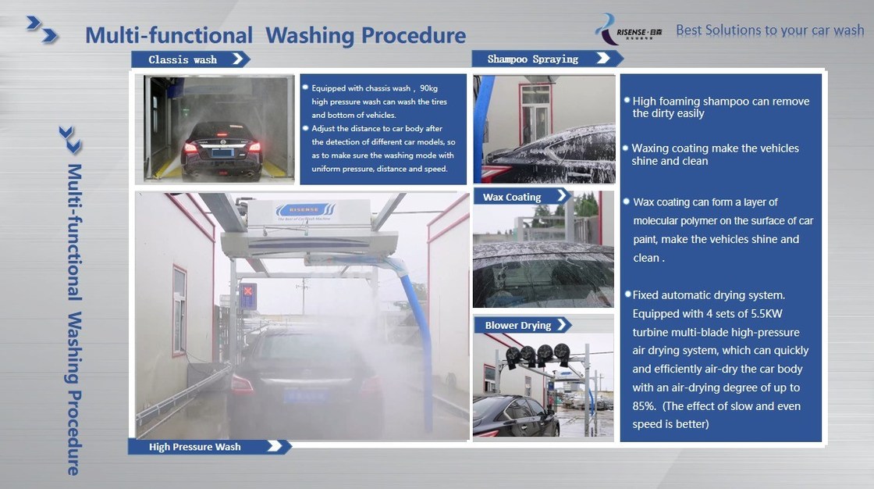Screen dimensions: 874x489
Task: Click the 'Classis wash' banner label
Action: pyautogui.click(x=183, y=59)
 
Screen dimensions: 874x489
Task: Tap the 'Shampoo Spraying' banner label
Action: pyautogui.click(x=532, y=59)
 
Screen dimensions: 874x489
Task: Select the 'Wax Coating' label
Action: pyautogui.click(x=512, y=197)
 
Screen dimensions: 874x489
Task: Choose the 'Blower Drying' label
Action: pyautogui.click(x=518, y=326)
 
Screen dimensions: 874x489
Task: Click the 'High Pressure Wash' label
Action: pyautogui.click(x=194, y=447)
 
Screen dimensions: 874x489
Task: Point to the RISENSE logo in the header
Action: pyautogui.click(x=628, y=30)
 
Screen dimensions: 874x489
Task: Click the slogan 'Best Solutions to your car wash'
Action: pyautogui.click(x=769, y=30)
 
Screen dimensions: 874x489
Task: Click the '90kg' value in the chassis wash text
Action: pyautogui.click(x=428, y=88)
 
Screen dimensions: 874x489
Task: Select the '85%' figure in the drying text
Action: pyautogui.click(x=644, y=406)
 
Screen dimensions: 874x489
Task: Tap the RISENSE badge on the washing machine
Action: pyautogui.click(x=304, y=211)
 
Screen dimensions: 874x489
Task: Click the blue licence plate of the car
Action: pyautogui.click(x=304, y=396)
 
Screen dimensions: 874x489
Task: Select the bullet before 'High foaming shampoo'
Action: pyautogui.click(x=627, y=101)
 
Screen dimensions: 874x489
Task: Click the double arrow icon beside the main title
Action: pyautogui.click(x=42, y=30)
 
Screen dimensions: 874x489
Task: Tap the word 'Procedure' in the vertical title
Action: pyautogui.click(x=73, y=434)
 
